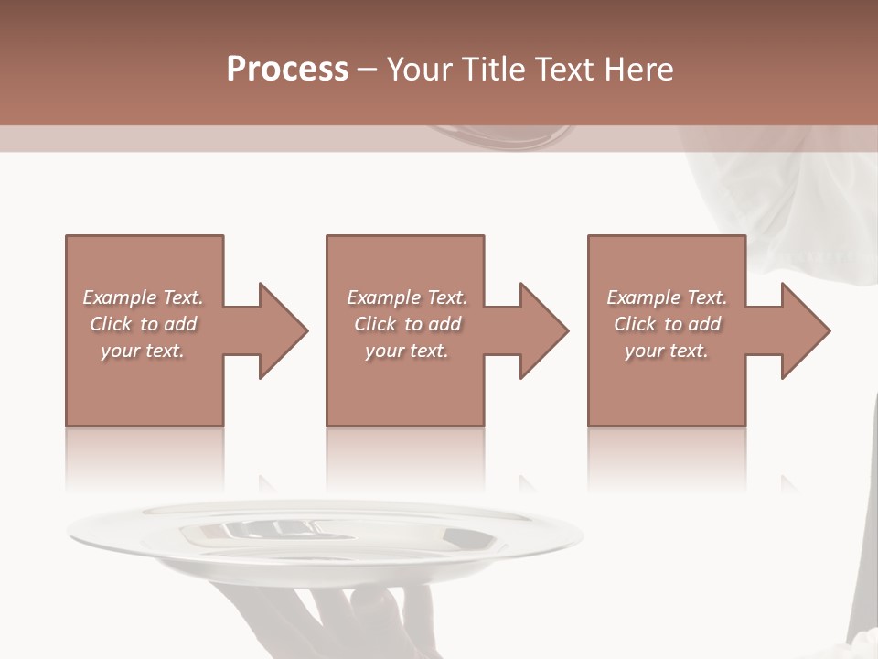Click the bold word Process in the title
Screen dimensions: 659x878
[x=287, y=70]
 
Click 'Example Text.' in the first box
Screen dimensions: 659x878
[x=143, y=297]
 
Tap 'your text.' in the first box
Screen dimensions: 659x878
[x=143, y=351]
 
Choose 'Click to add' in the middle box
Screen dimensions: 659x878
[x=407, y=324]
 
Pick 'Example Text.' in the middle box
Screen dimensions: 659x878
[x=407, y=297]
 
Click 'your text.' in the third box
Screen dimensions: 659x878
[x=667, y=351]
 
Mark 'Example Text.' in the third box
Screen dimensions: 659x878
[x=667, y=297]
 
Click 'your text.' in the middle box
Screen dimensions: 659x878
[x=407, y=351]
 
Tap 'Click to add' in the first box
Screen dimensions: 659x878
[x=143, y=324]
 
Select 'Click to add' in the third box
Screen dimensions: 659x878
[x=667, y=324]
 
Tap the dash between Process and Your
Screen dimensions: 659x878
[x=368, y=70]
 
